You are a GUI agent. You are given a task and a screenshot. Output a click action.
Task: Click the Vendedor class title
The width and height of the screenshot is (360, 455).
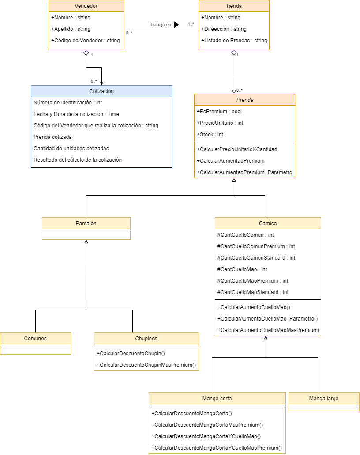86,6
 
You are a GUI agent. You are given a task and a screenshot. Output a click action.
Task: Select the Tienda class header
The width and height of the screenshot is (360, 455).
233,6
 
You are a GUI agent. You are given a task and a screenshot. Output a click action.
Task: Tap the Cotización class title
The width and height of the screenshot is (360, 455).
101,91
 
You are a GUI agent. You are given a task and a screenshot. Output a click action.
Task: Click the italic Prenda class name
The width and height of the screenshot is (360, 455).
245,100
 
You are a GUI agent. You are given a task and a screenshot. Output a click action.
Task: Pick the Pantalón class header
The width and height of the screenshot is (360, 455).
86,224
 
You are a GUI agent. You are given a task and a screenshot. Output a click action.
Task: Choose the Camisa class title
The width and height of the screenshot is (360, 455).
268,224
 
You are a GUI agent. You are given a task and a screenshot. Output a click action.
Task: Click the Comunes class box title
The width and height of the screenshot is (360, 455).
35,339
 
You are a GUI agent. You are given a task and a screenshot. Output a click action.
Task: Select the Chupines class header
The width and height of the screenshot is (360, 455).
146,339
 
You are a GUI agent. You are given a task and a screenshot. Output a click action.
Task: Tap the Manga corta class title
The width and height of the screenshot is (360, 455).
217,398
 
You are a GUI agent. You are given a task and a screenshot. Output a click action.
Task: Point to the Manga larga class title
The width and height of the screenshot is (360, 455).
324,398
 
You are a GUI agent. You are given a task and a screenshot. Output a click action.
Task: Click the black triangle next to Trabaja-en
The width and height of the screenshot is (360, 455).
176,25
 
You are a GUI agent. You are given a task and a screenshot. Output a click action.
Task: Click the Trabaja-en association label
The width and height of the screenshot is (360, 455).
160,25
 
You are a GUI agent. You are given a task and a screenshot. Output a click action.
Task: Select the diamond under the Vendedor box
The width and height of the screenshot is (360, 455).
86,53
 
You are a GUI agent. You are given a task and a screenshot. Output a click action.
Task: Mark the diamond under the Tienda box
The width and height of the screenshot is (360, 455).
234,53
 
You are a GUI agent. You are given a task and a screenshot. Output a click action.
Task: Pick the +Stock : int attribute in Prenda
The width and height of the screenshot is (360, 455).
210,134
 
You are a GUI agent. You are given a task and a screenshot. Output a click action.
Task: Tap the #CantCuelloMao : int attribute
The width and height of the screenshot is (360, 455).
242,269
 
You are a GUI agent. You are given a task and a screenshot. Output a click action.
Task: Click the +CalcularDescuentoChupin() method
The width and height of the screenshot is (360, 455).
131,354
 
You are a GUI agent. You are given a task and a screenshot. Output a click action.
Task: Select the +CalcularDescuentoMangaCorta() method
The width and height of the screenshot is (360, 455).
191,414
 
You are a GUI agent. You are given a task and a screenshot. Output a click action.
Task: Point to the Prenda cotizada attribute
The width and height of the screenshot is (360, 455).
52,137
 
